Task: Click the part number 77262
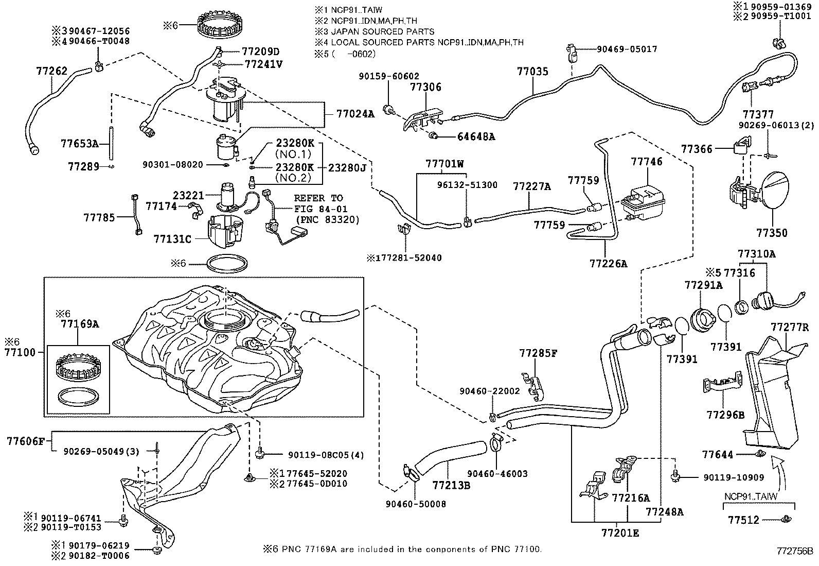pyautogui.click(x=51, y=71)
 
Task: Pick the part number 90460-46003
pyautogui.click(x=497, y=474)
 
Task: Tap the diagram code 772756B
pyautogui.click(x=794, y=551)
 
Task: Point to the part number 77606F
pyautogui.click(x=27, y=441)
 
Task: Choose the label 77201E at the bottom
pyautogui.click(x=620, y=533)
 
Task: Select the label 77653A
pyautogui.click(x=79, y=143)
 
